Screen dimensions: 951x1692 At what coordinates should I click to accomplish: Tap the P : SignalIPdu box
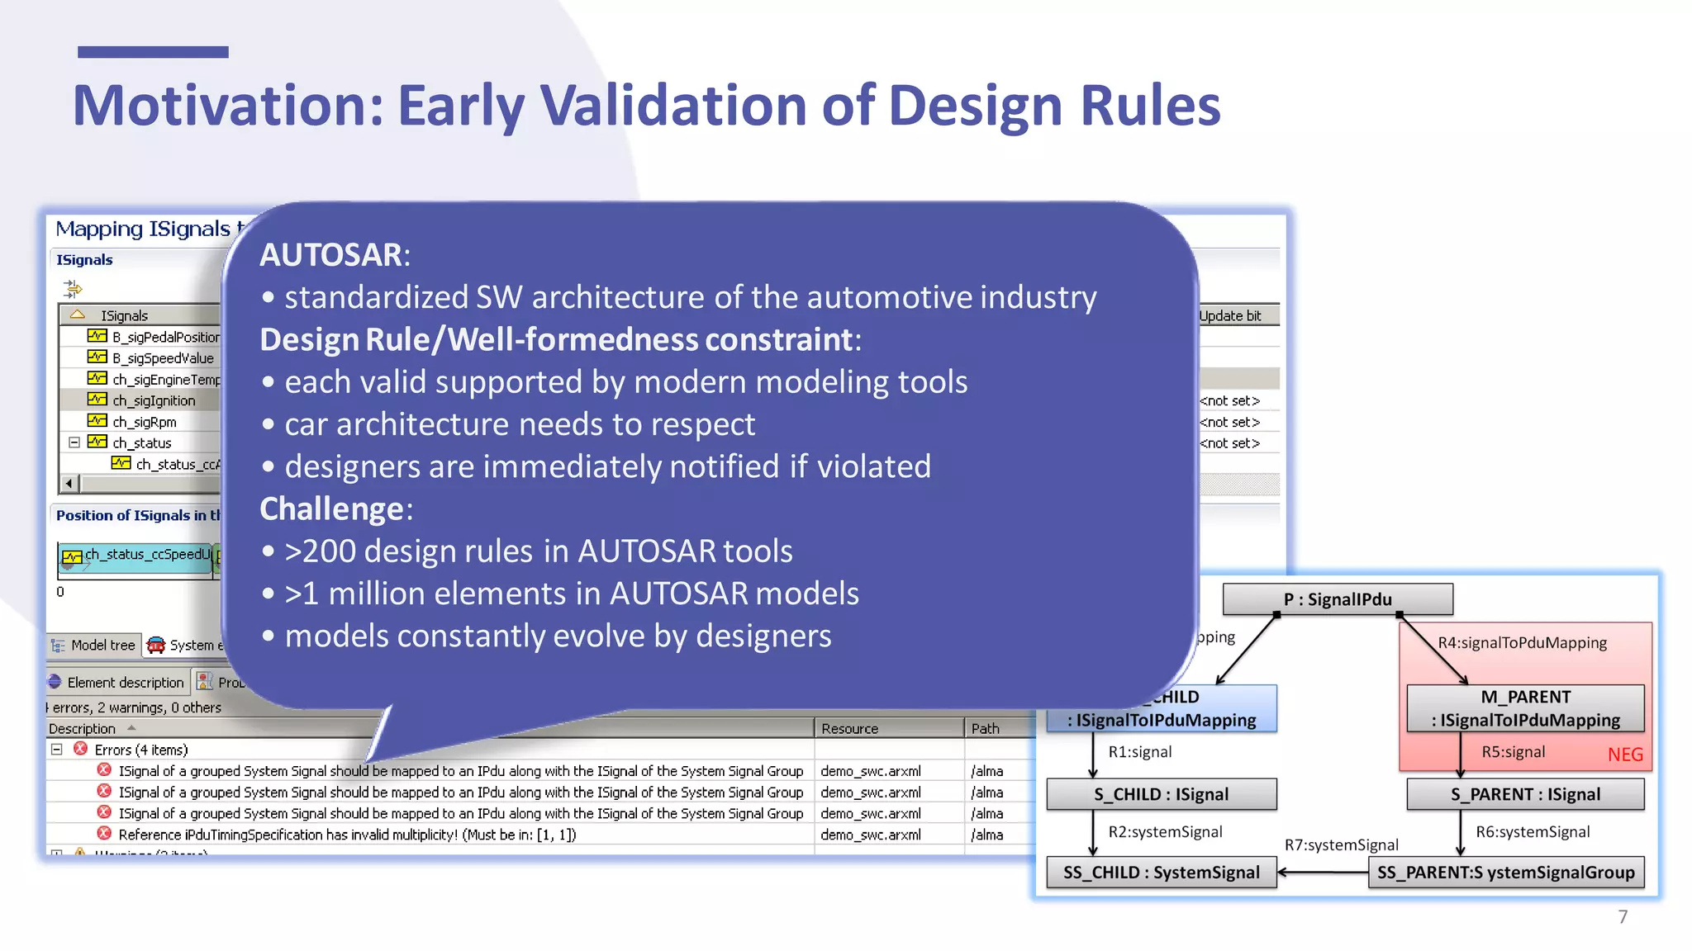point(1337,599)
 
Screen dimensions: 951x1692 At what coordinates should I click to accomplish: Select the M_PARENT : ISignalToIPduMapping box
point(1525,708)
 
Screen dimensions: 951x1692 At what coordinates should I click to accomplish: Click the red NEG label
point(1624,755)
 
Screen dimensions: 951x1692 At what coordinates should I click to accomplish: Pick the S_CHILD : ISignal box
point(1161,794)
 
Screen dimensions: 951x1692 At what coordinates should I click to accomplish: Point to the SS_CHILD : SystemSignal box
point(1161,873)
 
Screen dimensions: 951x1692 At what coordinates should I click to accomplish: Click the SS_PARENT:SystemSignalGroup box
point(1505,873)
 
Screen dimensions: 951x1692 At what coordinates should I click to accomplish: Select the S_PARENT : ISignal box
point(1525,794)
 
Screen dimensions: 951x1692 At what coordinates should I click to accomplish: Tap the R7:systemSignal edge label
point(1341,845)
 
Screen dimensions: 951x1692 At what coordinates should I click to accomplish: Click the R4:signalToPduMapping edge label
point(1522,643)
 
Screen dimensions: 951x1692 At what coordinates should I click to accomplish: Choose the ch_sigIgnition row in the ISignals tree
point(154,400)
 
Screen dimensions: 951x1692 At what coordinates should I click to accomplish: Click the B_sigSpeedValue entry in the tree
point(163,358)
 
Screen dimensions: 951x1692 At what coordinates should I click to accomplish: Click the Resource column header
point(849,729)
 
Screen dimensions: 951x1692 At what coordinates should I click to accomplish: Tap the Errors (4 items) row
point(140,750)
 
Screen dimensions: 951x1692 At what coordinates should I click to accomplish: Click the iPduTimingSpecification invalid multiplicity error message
point(347,835)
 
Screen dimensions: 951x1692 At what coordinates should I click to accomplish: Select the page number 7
point(1623,917)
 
